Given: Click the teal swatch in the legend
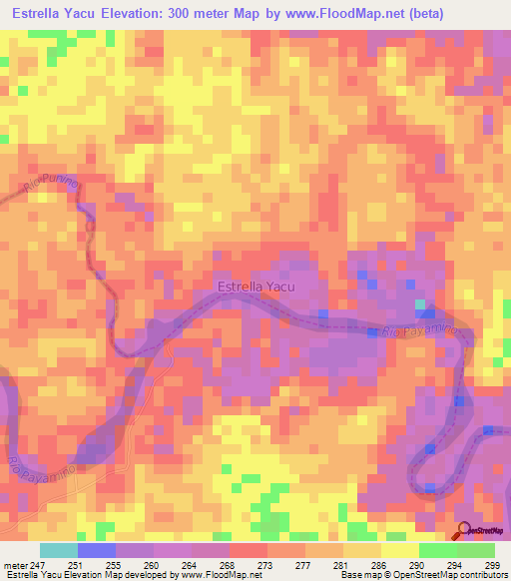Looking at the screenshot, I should (59, 550).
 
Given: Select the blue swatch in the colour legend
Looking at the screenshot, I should (97, 550).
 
